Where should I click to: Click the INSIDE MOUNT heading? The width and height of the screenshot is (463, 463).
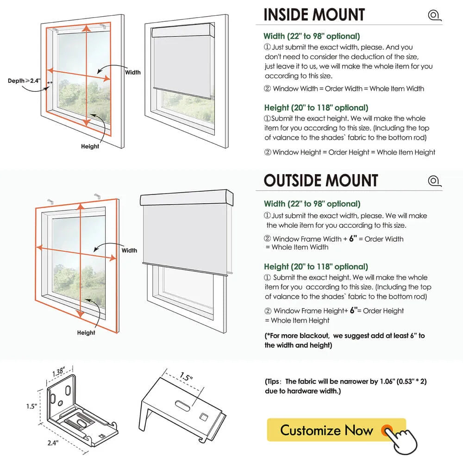point(314,14)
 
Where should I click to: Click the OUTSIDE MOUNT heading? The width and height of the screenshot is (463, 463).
point(321,180)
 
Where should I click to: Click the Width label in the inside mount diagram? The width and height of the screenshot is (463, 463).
point(133,72)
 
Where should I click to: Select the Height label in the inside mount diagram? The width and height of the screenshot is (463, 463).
point(90,146)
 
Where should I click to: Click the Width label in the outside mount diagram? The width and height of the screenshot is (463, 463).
point(129,250)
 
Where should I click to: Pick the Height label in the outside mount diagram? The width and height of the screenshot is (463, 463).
point(86,332)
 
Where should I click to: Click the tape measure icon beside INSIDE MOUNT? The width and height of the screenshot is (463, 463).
point(434,15)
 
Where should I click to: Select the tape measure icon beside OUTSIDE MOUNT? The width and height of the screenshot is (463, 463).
point(434,181)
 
